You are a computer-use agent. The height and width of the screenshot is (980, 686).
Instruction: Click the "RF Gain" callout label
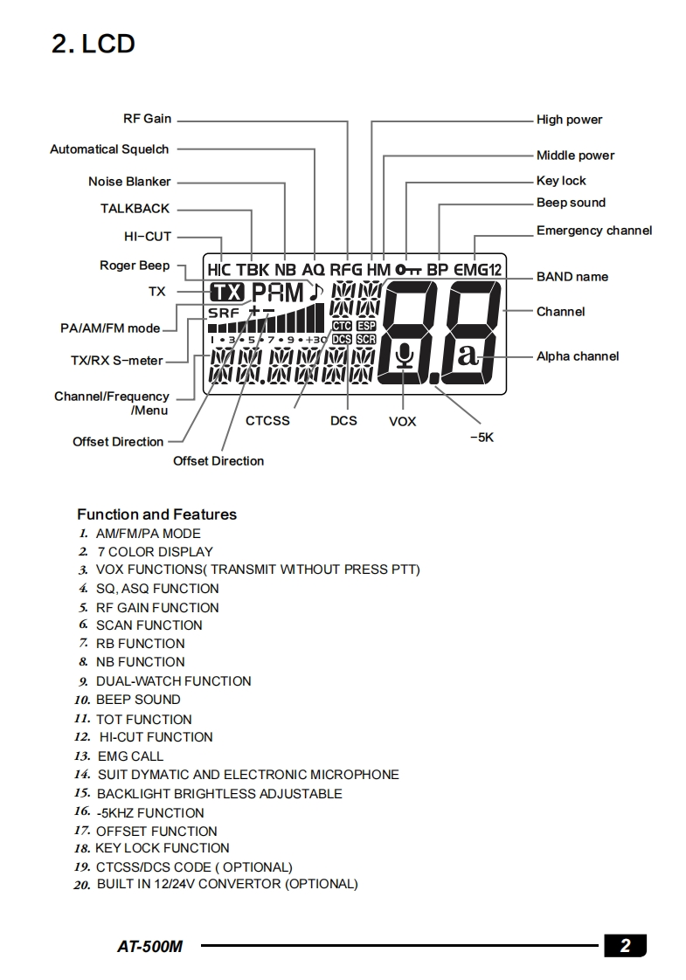(x=147, y=119)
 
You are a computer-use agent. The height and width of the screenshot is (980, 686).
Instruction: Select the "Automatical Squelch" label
(x=109, y=149)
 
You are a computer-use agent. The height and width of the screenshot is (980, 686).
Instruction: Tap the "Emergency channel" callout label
(x=594, y=231)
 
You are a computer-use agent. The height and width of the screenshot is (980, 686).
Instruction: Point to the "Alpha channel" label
(x=578, y=355)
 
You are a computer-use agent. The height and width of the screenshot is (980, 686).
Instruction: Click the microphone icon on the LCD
(x=403, y=357)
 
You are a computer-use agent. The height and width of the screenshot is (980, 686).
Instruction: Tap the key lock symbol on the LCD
(x=408, y=270)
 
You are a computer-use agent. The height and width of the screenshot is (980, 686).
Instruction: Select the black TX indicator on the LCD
(x=228, y=292)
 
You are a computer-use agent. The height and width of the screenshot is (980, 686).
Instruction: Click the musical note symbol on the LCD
(x=316, y=291)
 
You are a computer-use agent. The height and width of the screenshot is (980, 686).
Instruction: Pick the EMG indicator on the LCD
(x=471, y=270)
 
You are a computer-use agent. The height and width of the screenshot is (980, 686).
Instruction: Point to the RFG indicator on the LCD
(x=345, y=270)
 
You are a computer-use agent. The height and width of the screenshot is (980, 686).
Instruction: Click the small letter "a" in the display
(x=468, y=355)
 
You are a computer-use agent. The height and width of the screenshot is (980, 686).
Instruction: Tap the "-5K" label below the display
(x=481, y=438)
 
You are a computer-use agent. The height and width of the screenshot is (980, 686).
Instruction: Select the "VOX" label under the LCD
(x=402, y=422)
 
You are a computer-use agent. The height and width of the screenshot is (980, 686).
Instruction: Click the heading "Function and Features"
(x=156, y=514)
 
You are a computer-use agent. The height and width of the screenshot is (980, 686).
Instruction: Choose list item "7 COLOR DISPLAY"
(x=155, y=552)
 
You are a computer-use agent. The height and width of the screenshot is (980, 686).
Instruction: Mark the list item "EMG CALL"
(x=130, y=756)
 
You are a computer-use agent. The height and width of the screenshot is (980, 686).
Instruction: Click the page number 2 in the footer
(x=625, y=945)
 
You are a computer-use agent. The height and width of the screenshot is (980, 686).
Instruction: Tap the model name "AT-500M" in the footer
(x=149, y=946)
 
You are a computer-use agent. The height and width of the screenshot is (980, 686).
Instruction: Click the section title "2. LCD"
(x=94, y=44)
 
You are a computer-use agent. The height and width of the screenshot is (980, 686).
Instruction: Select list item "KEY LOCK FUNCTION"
(x=163, y=848)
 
